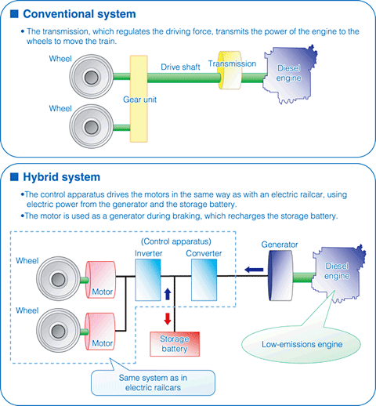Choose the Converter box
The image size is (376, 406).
[x=205, y=280]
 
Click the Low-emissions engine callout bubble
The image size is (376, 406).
[x=297, y=342]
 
